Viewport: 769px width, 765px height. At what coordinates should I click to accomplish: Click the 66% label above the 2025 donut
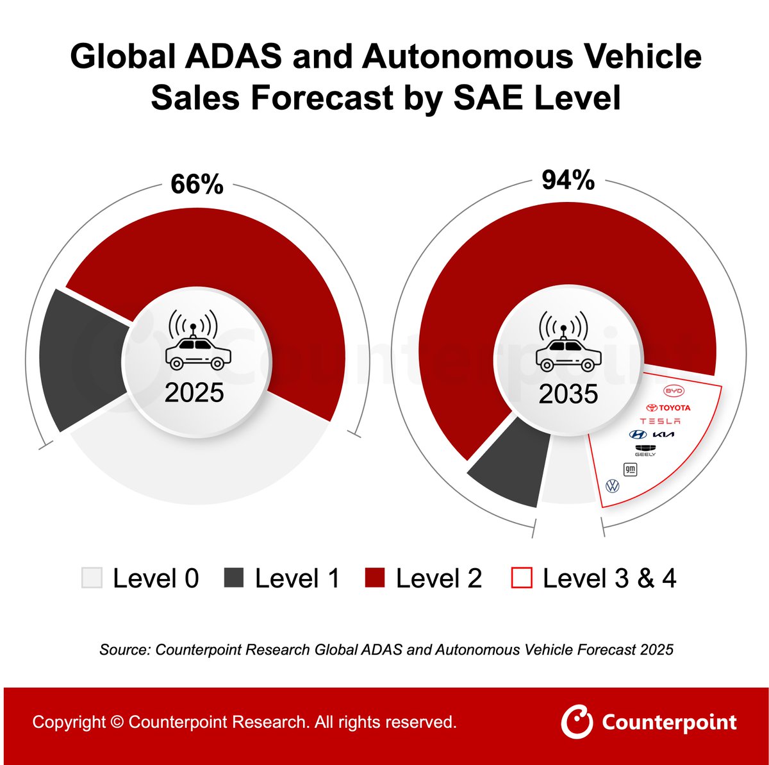click(x=197, y=184)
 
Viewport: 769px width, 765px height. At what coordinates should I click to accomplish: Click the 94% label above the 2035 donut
click(x=568, y=180)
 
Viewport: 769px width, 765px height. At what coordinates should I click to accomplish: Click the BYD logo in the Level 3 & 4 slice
click(x=674, y=391)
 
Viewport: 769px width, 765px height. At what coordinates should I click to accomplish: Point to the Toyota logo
click(x=668, y=407)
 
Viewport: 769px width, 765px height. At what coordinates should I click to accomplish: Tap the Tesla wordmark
click(x=660, y=421)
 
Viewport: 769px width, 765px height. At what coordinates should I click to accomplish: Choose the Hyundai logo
click(x=638, y=434)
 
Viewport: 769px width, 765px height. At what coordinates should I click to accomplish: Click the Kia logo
click(x=664, y=434)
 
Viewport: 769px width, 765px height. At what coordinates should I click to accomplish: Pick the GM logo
click(x=630, y=469)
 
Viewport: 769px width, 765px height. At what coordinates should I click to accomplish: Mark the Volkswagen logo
click(x=613, y=486)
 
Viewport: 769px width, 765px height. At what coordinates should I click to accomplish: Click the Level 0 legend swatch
click(x=92, y=578)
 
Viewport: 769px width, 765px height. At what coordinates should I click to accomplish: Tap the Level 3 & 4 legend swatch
click(x=522, y=578)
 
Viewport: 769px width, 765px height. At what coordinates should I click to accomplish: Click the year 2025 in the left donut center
click(x=194, y=392)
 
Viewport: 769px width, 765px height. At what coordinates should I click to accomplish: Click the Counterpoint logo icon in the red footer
click(x=577, y=722)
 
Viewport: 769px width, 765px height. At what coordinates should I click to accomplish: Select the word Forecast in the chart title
click(x=322, y=97)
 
